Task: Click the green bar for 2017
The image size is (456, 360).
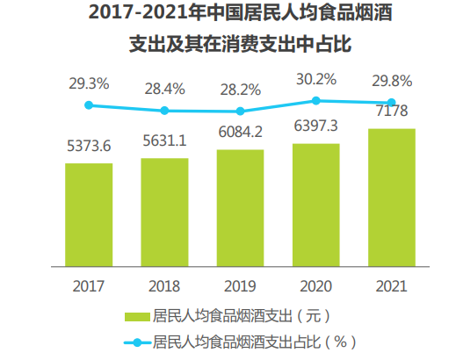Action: (x=88, y=213)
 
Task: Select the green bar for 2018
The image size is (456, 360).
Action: (x=164, y=211)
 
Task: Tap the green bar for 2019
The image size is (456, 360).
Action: (x=240, y=206)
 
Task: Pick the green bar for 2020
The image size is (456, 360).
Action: (x=315, y=204)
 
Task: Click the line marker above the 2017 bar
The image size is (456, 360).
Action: (x=88, y=105)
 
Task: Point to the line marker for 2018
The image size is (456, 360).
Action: (x=164, y=111)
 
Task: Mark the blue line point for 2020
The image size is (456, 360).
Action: (x=315, y=100)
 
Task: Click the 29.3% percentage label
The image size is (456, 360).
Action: (x=89, y=84)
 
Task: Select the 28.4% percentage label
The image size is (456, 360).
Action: (x=164, y=89)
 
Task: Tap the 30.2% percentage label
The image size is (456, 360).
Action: (x=315, y=79)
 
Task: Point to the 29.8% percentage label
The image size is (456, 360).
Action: (x=392, y=81)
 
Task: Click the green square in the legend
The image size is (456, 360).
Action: (x=137, y=316)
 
